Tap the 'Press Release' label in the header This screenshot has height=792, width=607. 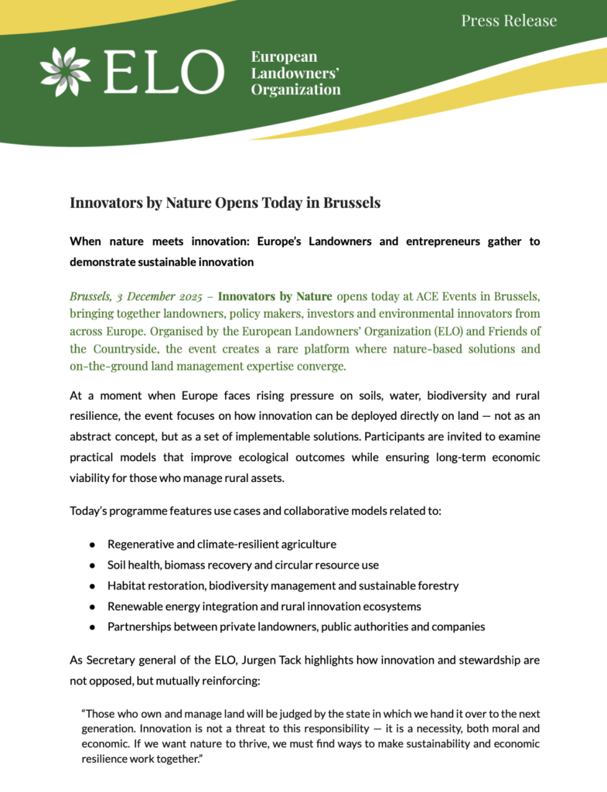click(x=509, y=21)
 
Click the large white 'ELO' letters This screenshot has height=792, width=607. click(x=164, y=72)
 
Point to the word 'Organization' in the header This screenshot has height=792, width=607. click(x=295, y=89)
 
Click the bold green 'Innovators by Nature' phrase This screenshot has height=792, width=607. click(x=275, y=297)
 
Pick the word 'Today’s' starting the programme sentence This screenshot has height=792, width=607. click(x=90, y=511)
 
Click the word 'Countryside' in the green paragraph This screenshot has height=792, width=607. click(x=126, y=349)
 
